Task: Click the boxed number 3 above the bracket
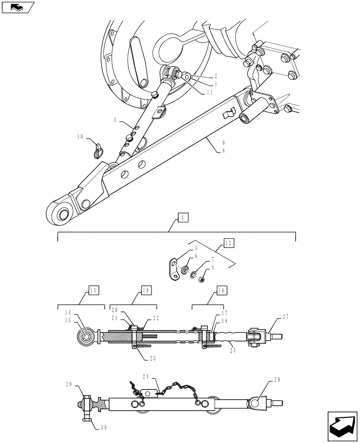pos(184,218)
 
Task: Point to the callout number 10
pos(80,138)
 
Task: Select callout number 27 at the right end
pos(286,316)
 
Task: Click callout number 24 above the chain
pos(146,376)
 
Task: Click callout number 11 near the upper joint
pos(209,92)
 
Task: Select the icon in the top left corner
pos(18,7)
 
